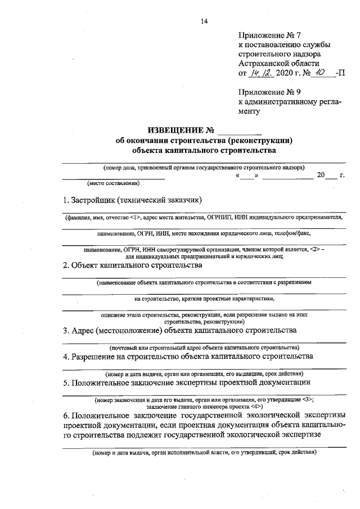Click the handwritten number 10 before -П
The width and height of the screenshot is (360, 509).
coord(321,73)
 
